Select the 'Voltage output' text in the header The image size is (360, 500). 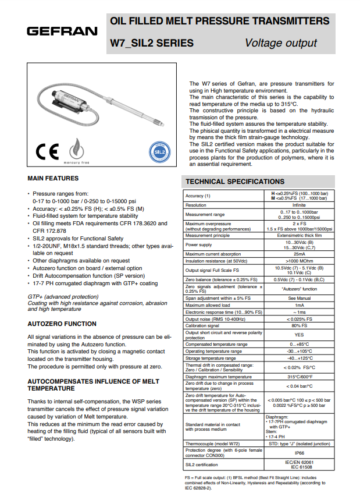coord(281,43)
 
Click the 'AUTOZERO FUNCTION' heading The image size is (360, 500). coord(62,324)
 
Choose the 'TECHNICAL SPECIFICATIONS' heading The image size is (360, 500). coord(235,182)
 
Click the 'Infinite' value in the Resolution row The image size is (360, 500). coord(300,205)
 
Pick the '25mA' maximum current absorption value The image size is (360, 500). coord(300,254)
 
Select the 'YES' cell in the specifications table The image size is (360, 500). coord(300,335)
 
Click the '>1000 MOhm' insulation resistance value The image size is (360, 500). coord(300,261)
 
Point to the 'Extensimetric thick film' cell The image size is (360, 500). coord(300,236)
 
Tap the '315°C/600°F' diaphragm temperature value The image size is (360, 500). coord(300,377)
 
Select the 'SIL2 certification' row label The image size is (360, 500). coord(202,464)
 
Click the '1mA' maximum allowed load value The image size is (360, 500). coord(300,305)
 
